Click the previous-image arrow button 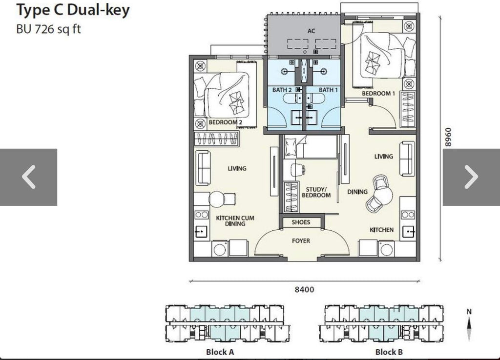click(x=28, y=177)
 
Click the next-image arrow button click(x=471, y=177)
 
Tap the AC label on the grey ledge click(x=311, y=31)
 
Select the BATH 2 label click(x=282, y=90)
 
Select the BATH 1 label click(x=328, y=90)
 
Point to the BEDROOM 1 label click(x=378, y=93)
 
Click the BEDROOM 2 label click(x=226, y=122)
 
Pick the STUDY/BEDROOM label click(x=316, y=192)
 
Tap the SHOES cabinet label click(x=301, y=222)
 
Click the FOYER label click(x=301, y=240)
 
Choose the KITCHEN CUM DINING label click(x=235, y=221)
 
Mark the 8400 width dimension click(x=304, y=290)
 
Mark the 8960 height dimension click(x=448, y=137)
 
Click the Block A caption click(x=220, y=352)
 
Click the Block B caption click(x=389, y=352)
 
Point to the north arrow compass click(x=469, y=325)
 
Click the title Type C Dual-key click(x=73, y=10)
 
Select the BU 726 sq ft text click(x=48, y=29)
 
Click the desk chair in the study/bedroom click(x=297, y=169)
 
